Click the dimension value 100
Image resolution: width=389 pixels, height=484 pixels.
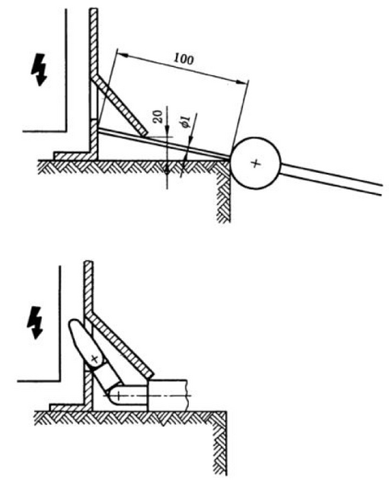(x=183, y=58)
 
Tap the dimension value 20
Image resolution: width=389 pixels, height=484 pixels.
(x=159, y=117)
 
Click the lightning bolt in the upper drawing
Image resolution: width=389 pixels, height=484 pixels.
(x=39, y=69)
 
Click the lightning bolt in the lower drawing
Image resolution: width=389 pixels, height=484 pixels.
(x=35, y=322)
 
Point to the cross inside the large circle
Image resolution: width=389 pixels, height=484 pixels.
(x=255, y=163)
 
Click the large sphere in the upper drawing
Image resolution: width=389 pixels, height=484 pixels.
(x=255, y=163)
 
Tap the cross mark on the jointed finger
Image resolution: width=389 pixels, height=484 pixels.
(x=95, y=359)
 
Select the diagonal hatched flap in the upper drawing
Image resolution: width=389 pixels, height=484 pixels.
(x=120, y=105)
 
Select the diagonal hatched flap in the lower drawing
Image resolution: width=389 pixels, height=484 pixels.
(x=120, y=347)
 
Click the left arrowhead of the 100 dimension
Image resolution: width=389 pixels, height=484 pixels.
(x=123, y=55)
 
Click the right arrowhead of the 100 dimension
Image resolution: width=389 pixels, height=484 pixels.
(x=243, y=82)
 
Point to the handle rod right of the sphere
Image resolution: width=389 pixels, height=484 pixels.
(x=331, y=179)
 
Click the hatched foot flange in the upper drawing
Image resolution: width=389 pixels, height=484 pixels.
(x=73, y=156)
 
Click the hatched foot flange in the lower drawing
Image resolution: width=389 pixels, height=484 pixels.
(x=69, y=407)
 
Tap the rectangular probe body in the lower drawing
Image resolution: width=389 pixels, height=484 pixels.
(x=167, y=395)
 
